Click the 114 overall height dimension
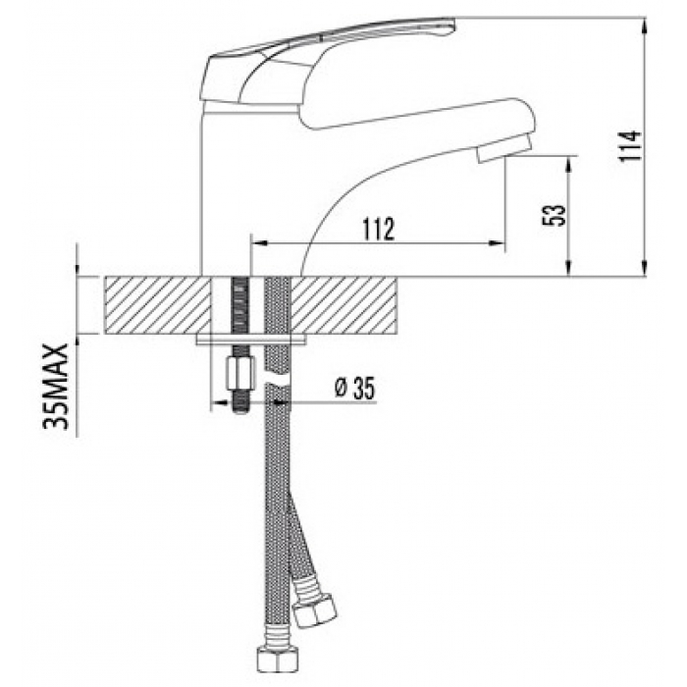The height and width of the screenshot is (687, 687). [x=631, y=146]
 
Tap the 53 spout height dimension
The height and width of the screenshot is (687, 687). [x=555, y=215]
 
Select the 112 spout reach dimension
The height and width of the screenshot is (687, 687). [x=379, y=229]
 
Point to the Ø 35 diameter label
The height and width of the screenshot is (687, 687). [x=355, y=389]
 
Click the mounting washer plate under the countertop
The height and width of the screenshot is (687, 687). [x=251, y=340]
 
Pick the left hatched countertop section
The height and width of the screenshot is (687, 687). [x=158, y=306]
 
